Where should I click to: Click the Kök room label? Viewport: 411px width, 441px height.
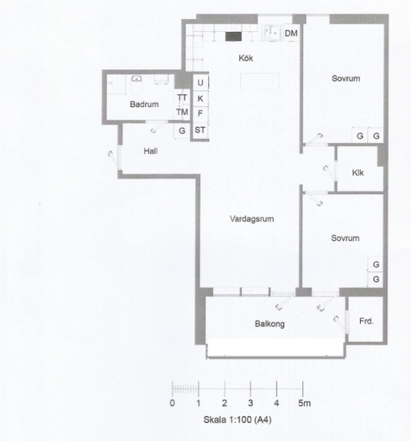coord(246,59)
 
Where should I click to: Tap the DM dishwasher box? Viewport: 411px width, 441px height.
coord(291,33)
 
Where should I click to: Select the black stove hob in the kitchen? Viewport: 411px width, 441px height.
coord(233,36)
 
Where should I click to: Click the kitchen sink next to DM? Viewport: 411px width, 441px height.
coord(272,33)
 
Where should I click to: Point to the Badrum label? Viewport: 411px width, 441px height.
coord(144,104)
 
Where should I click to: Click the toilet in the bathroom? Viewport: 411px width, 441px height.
coord(137,84)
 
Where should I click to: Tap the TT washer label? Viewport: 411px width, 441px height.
coord(182,97)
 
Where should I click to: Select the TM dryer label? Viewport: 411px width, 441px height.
coord(182,113)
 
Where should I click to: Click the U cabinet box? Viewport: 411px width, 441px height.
coord(201,82)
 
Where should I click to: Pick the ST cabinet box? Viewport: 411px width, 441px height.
coord(200,130)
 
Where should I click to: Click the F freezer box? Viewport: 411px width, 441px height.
coord(201,113)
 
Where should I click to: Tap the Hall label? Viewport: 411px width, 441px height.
coord(150,151)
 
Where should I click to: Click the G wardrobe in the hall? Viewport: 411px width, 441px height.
coord(182,131)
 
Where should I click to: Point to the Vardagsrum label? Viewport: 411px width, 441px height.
coord(251,219)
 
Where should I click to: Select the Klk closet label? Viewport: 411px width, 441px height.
coord(358,173)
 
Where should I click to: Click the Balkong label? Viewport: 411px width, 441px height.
coord(270,324)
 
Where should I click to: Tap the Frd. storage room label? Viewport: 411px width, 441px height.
coord(367,321)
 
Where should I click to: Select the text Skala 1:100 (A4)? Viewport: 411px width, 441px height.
coord(237,420)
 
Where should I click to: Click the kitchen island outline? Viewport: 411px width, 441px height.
coord(260,81)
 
